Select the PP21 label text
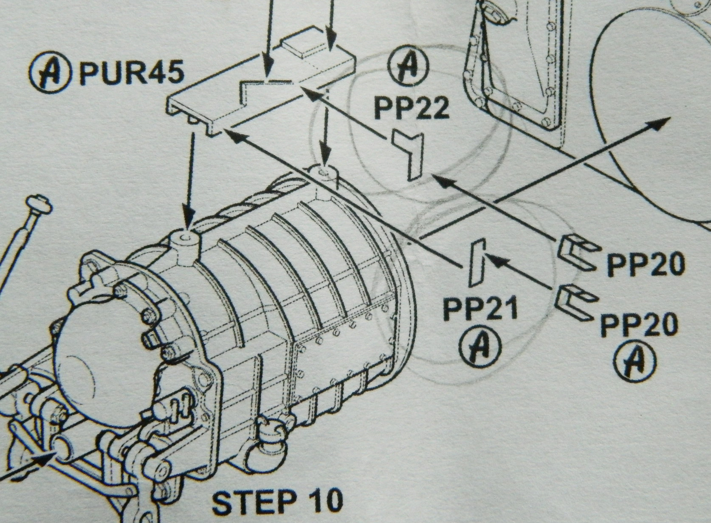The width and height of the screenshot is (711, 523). pyautogui.click(x=480, y=309)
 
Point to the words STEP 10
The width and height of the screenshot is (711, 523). pyautogui.click(x=277, y=501)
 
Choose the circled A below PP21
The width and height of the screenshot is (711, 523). pyautogui.click(x=480, y=346)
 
